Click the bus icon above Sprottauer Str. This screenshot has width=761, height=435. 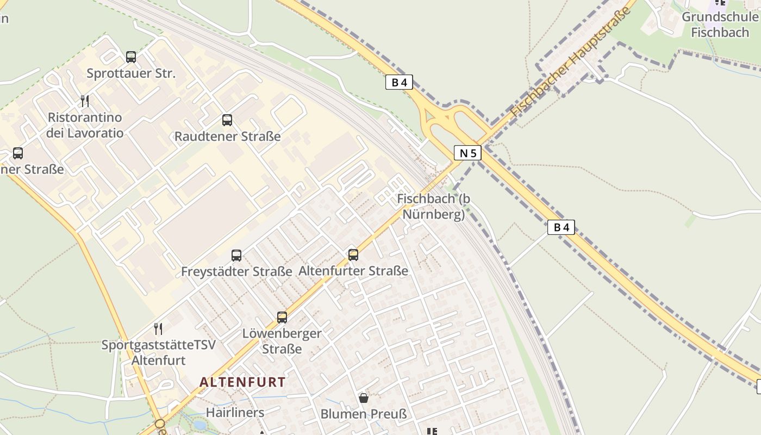tap(131, 57)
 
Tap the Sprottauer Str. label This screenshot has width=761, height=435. tap(131, 73)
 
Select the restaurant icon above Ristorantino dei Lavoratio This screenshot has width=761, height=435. tap(84, 101)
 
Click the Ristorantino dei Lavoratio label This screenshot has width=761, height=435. tap(84, 125)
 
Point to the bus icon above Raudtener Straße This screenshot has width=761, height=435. tap(227, 120)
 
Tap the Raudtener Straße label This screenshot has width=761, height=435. tap(227, 136)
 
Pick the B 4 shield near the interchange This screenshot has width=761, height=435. tap(399, 82)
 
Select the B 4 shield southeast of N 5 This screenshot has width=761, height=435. tap(561, 227)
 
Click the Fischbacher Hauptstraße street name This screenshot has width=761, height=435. tap(571, 63)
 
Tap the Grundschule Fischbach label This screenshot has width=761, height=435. tap(719, 24)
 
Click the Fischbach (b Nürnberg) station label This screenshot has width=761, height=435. tap(434, 207)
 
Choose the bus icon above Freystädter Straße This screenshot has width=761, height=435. tap(236, 255)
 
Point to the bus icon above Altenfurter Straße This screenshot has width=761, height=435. tap(353, 254)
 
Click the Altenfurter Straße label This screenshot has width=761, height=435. tap(353, 271)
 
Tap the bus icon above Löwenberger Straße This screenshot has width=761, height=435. tap(282, 317)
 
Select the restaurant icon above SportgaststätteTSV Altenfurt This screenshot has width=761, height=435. tap(158, 328)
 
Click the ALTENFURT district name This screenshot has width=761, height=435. tap(242, 382)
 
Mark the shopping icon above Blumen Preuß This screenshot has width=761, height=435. tap(364, 398)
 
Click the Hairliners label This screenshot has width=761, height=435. tap(235, 413)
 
